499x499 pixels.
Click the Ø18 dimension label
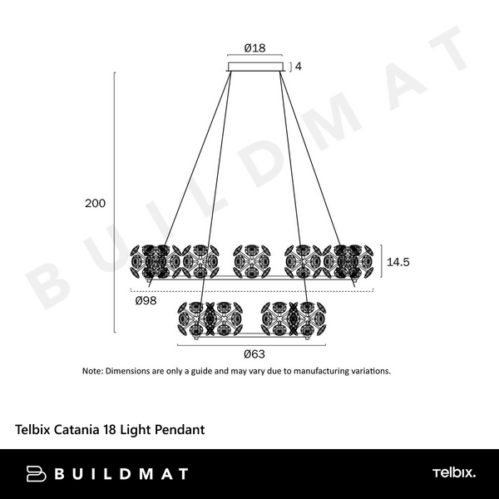point(255,48)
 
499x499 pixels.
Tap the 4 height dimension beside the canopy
point(297,66)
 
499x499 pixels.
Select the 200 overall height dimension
point(95,203)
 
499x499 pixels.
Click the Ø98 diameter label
point(146,300)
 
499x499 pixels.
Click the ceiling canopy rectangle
point(255,66)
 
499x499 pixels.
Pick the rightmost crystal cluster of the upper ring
point(349,260)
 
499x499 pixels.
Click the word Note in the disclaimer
point(91,371)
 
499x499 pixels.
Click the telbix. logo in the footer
point(453,474)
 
